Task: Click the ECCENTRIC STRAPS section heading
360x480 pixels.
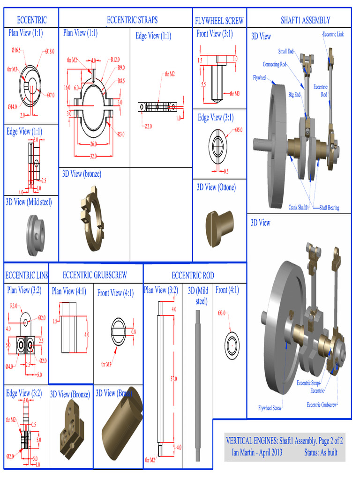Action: pyautogui.click(x=132, y=20)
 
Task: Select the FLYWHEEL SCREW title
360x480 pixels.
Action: pyautogui.click(x=219, y=21)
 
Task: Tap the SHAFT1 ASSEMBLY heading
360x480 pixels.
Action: pyautogui.click(x=305, y=20)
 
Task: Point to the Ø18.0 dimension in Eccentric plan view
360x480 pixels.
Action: pyautogui.click(x=50, y=51)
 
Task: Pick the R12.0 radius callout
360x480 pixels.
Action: pyautogui.click(x=115, y=60)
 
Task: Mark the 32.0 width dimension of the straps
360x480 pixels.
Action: pyautogui.click(x=94, y=156)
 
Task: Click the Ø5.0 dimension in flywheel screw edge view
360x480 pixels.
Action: pyautogui.click(x=239, y=129)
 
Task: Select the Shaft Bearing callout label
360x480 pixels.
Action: pyautogui.click(x=330, y=207)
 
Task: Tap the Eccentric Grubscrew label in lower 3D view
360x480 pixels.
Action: pyautogui.click(x=322, y=405)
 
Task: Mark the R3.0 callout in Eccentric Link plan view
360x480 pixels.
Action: pyautogui.click(x=14, y=306)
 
